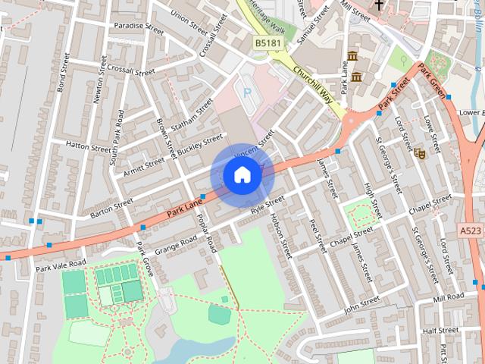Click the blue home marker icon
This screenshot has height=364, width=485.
[x=242, y=174]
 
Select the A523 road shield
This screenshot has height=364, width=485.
[x=471, y=229]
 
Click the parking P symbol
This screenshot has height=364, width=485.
[x=247, y=92]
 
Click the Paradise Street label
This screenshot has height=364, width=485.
[x=139, y=27]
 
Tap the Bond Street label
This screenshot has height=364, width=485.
[x=62, y=73]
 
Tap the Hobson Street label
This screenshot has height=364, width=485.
[x=280, y=236]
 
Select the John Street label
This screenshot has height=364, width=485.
[x=361, y=305]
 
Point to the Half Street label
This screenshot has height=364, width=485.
[x=441, y=331]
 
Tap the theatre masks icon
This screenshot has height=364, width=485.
[x=420, y=153]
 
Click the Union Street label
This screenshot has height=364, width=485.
[x=189, y=17]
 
